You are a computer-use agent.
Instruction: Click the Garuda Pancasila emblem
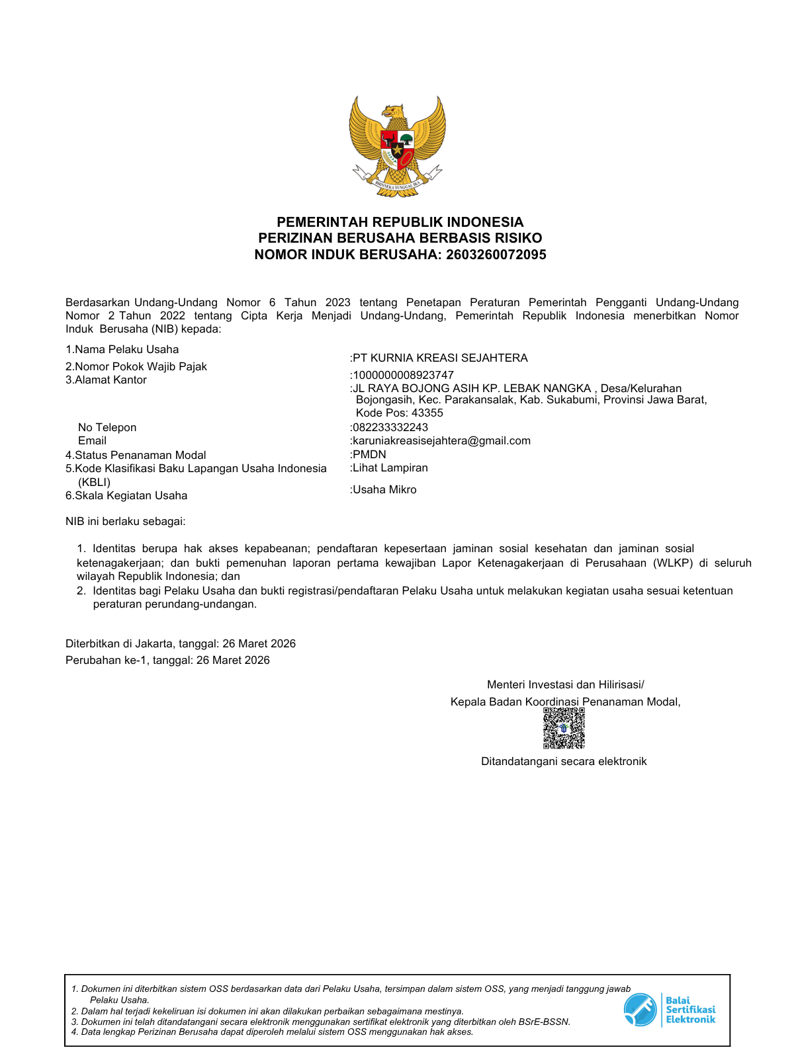(397, 145)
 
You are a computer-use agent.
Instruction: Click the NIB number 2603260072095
(496, 255)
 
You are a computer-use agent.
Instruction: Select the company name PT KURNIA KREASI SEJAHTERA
(441, 358)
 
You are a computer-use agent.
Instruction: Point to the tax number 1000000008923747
(403, 375)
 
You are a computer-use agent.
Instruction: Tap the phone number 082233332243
(390, 427)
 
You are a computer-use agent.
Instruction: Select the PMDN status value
(369, 454)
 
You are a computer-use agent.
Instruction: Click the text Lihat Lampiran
(390, 468)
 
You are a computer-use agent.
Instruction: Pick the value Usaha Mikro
(384, 489)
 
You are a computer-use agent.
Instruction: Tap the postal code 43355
(427, 413)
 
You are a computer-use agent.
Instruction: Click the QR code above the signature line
(564, 728)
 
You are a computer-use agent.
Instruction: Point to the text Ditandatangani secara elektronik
(564, 761)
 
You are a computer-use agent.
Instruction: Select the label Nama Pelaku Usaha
(126, 349)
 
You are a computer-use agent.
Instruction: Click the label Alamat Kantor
(110, 380)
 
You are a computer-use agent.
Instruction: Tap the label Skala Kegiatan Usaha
(131, 495)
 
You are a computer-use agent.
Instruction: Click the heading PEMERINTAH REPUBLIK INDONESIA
(400, 222)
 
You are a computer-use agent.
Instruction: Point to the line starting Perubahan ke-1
(167, 660)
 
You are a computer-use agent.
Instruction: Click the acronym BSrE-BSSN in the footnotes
(546, 1022)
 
